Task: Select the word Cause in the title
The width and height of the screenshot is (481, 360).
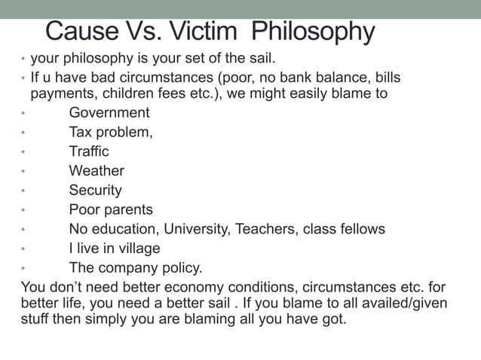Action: click(x=81, y=32)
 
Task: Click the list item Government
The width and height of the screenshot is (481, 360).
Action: click(x=109, y=113)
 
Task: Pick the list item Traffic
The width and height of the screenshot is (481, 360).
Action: click(x=89, y=151)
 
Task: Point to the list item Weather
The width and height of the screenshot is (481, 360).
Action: click(x=97, y=171)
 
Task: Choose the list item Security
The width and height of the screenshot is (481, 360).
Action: click(x=95, y=191)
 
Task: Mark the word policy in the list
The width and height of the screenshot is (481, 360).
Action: click(x=182, y=268)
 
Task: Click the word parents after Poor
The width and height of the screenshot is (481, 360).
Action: click(x=127, y=210)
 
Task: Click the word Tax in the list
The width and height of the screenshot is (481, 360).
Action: click(x=81, y=133)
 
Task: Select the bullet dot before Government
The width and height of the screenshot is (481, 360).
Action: click(x=23, y=114)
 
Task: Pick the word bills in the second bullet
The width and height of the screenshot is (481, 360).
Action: click(x=384, y=78)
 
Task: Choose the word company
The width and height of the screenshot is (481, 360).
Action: click(x=128, y=268)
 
